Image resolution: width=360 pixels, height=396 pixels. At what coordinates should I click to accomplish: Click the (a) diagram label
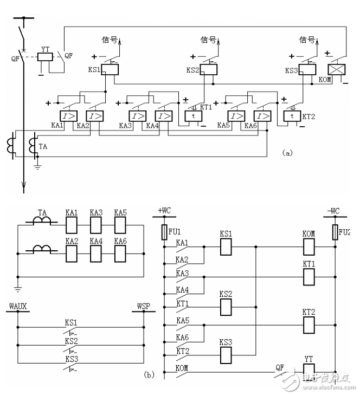(x=287, y=153)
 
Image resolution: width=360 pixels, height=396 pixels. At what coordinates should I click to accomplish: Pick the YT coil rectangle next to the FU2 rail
(x=308, y=371)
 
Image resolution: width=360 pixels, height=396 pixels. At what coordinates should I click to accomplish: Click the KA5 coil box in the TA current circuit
(x=120, y=223)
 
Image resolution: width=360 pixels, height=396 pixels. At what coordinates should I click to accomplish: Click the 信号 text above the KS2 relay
(x=208, y=39)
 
